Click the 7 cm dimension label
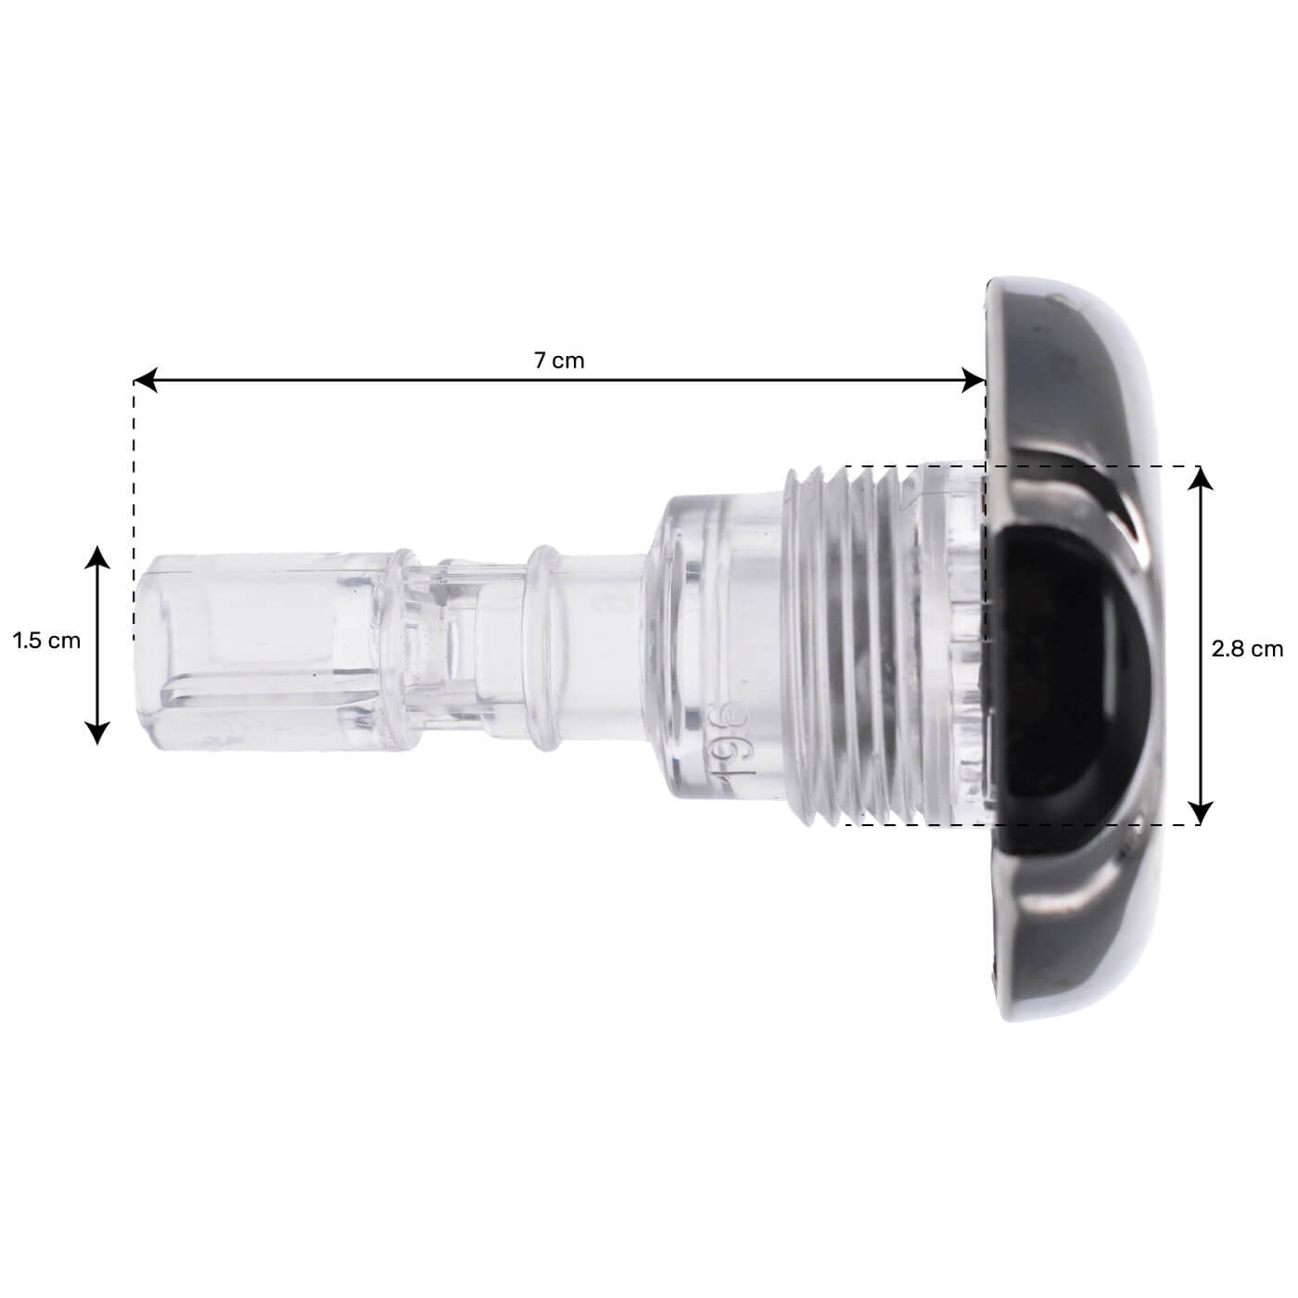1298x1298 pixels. pyautogui.click(x=559, y=361)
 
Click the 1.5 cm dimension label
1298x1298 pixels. pyautogui.click(x=46, y=641)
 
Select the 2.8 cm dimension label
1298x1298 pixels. pyautogui.click(x=1247, y=649)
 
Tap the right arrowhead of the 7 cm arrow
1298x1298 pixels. pyautogui.click(x=975, y=379)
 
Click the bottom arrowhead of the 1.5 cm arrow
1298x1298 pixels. pyautogui.click(x=96, y=733)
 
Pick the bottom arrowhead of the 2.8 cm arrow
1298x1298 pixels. pyautogui.click(x=1201, y=814)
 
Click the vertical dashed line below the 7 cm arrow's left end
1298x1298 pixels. pyautogui.click(x=134, y=510)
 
